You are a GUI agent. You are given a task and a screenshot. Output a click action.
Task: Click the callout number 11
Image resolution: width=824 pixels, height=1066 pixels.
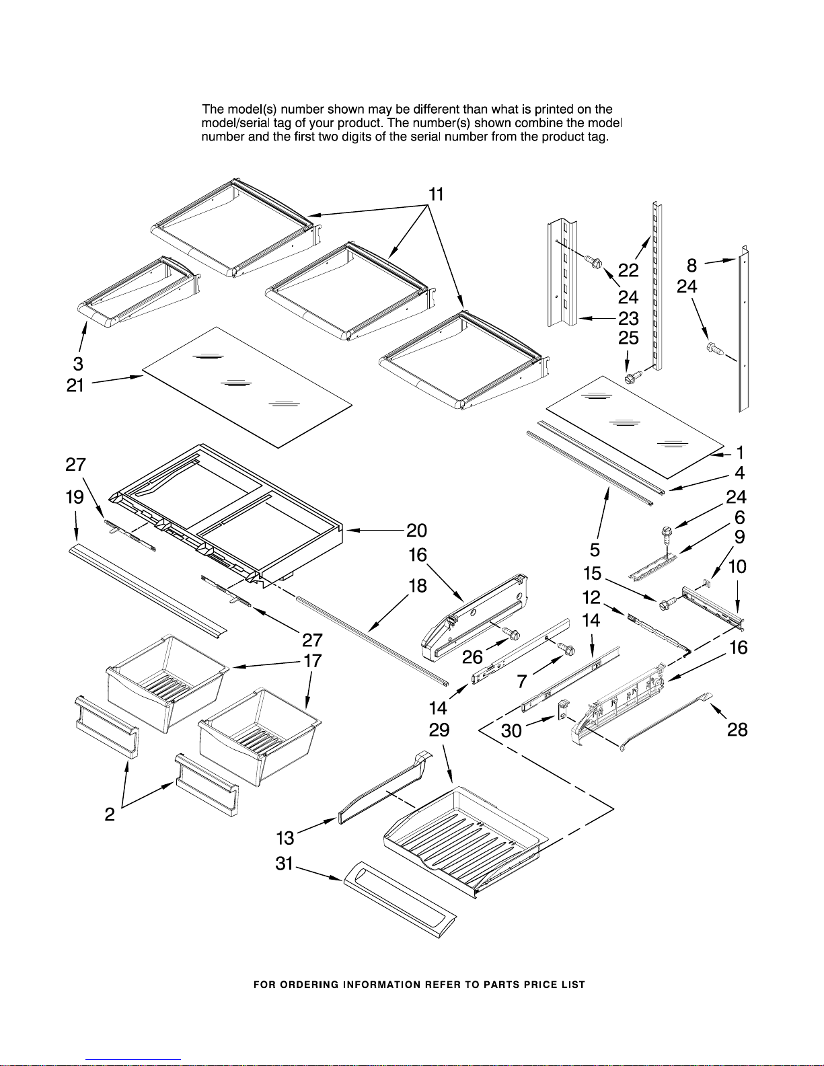point(437,194)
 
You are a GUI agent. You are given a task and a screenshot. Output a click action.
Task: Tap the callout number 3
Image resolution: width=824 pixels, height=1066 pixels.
point(78,364)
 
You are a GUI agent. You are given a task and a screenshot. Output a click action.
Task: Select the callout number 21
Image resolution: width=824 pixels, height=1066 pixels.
point(75,385)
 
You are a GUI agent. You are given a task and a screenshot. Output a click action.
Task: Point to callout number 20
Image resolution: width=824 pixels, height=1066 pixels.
point(416,531)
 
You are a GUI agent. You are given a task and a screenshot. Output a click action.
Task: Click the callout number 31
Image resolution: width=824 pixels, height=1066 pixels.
point(285,864)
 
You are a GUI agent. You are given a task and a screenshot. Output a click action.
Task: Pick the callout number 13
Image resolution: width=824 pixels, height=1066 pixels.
point(285,838)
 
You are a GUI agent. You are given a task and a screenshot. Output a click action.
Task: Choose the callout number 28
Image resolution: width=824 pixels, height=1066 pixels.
point(737,730)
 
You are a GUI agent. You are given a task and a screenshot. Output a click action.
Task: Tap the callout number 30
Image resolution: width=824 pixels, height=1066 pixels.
point(511,730)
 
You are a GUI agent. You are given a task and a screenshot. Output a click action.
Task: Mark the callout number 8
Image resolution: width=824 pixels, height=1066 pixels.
point(691,265)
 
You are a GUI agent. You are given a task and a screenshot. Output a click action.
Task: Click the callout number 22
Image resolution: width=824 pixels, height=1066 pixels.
point(628,270)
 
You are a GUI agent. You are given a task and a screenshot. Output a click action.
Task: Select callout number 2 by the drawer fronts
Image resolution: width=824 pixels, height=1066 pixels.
point(110,814)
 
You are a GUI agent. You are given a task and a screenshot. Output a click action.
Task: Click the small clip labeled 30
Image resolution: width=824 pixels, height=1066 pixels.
point(563,707)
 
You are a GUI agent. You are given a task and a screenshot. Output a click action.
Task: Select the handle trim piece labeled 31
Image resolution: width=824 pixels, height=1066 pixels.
point(400,899)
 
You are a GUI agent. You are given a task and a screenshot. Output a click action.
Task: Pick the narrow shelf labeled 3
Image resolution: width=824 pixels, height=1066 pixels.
point(138,289)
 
